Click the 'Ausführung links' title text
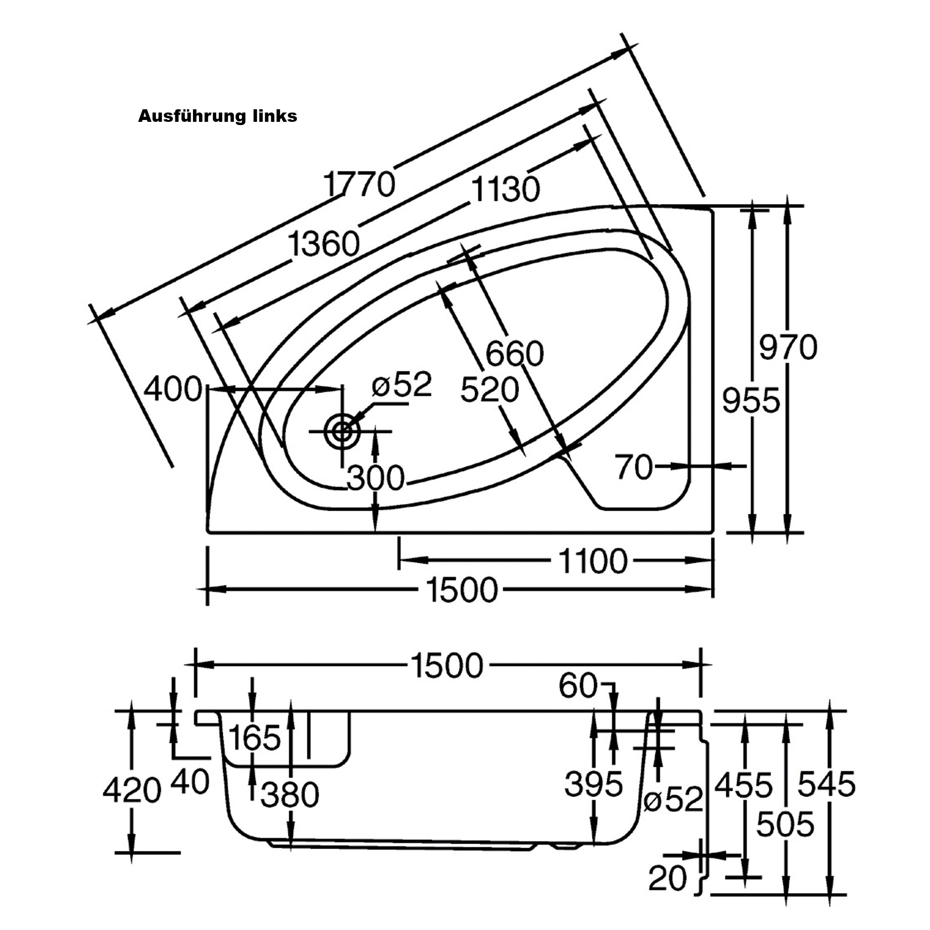(x=218, y=116)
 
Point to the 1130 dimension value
(x=505, y=189)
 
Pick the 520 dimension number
(x=490, y=389)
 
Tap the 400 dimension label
(x=173, y=388)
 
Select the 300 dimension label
(x=375, y=478)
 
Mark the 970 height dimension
(x=788, y=347)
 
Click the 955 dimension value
(x=751, y=400)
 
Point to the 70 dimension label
(x=634, y=466)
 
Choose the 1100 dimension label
(x=593, y=561)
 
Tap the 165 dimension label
(x=254, y=737)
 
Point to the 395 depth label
(x=593, y=783)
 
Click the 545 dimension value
(x=826, y=783)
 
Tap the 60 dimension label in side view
(x=578, y=685)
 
